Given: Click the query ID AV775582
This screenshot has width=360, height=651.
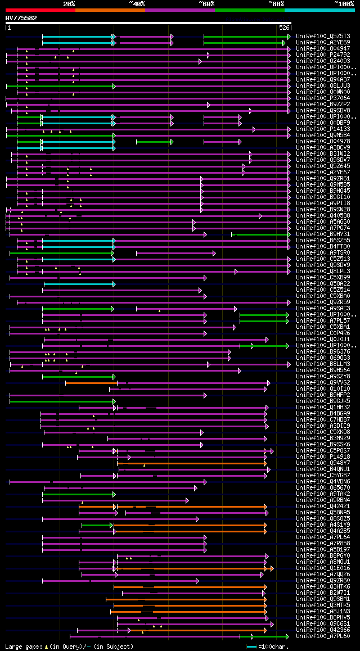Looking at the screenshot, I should (x=21, y=18).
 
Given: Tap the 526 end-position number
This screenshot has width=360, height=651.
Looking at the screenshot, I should (x=284, y=28).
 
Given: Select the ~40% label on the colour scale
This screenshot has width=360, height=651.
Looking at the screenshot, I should (x=137, y=3).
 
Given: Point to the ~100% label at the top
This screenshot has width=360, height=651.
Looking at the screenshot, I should (x=344, y=3).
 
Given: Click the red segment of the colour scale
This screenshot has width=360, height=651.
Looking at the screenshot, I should (x=40, y=10).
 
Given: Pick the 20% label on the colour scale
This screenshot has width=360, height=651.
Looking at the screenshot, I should (x=69, y=3).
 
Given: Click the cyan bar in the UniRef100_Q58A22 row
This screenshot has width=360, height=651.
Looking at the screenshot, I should (x=79, y=284).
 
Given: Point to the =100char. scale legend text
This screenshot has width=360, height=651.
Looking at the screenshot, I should (x=274, y=647).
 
